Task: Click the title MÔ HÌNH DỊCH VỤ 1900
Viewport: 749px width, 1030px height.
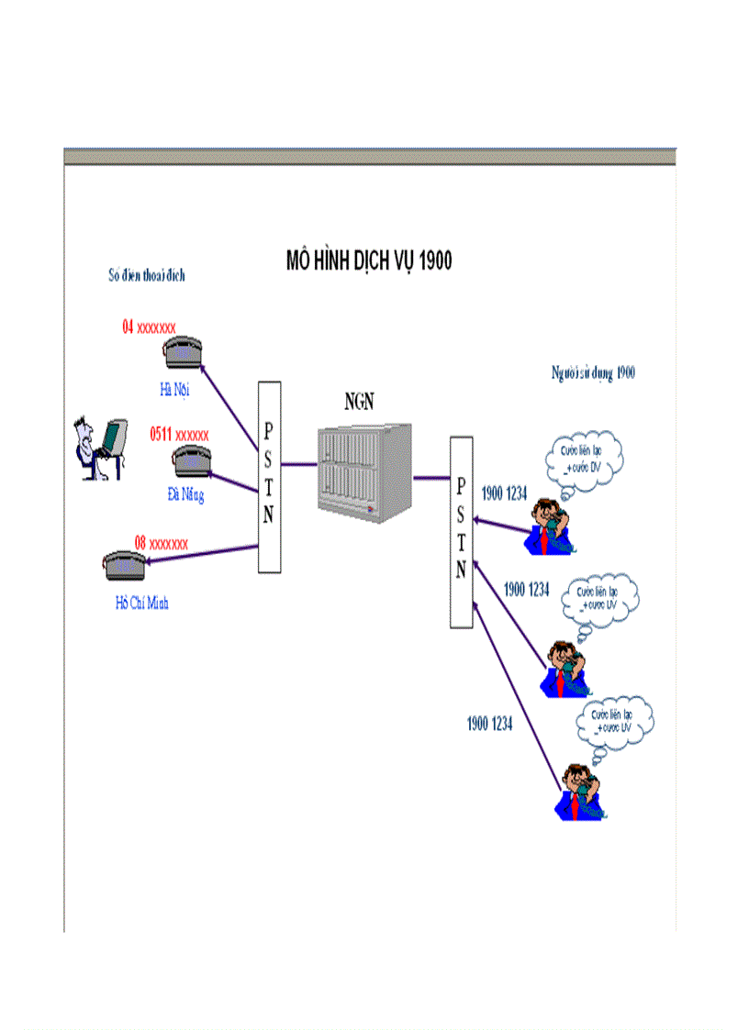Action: [x=369, y=261]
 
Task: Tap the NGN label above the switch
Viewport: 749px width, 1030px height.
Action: [x=360, y=401]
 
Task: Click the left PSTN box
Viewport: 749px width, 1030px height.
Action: [x=268, y=477]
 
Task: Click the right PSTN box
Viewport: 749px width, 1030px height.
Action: [x=461, y=532]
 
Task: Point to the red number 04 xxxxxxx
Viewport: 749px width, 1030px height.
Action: [x=149, y=326]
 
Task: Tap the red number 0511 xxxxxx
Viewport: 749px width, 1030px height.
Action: [x=179, y=434]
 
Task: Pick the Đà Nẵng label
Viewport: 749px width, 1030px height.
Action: [x=185, y=495]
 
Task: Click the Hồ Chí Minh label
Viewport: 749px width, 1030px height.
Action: [x=141, y=603]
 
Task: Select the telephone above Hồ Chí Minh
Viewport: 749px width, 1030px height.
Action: [x=124, y=565]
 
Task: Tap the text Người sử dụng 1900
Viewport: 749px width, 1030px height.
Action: [x=593, y=372]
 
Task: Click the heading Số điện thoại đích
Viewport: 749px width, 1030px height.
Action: [x=146, y=274]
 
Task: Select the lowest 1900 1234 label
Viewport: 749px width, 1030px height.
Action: [x=488, y=725]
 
